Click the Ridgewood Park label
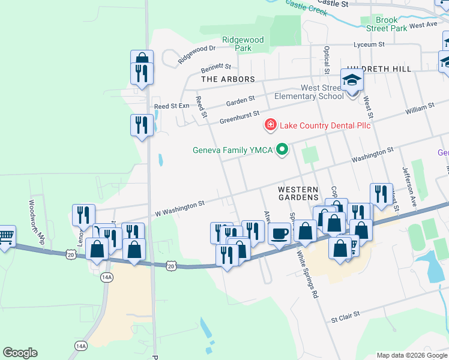pos(243,44)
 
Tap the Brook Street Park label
pos(387,24)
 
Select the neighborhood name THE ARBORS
pos(228,79)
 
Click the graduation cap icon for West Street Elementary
pos(352,80)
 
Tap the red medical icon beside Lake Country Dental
pos(271,125)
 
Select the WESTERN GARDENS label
pos(298,193)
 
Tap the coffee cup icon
pos(279,233)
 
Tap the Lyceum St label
pos(369,44)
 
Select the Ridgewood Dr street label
pos(196,55)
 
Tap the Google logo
pos(20,353)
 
